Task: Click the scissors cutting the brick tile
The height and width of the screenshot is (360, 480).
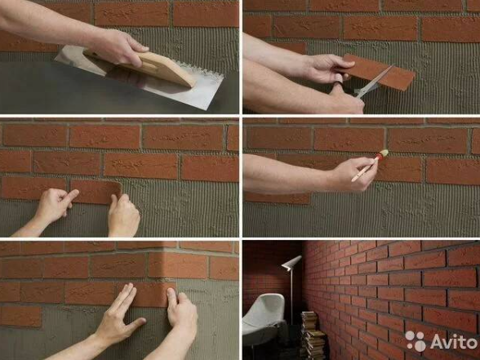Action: click(372, 82)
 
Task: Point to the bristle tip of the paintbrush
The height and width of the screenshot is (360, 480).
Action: click(384, 153)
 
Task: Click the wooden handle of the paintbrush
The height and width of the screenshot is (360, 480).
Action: click(364, 170)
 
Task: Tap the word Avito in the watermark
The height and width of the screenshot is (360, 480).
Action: click(453, 341)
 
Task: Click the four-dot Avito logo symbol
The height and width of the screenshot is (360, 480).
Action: click(415, 341)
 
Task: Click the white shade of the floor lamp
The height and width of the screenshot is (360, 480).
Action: click(291, 263)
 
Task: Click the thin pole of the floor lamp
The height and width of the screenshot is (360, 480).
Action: click(291, 297)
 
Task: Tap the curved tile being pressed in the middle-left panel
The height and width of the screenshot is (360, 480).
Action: click(96, 191)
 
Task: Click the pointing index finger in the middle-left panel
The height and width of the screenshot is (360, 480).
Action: click(70, 196)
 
